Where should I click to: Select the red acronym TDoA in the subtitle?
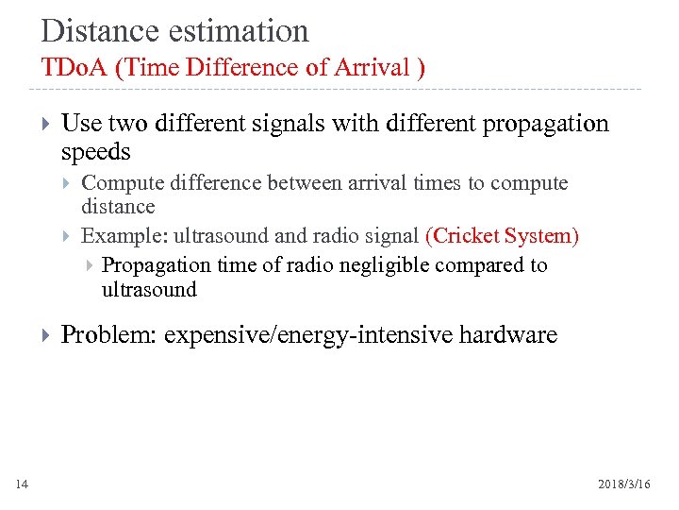(74, 68)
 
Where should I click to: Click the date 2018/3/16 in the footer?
(624, 484)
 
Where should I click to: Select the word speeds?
(95, 151)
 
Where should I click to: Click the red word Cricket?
(465, 235)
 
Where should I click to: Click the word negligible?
(384, 265)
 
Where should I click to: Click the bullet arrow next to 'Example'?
(68, 235)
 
